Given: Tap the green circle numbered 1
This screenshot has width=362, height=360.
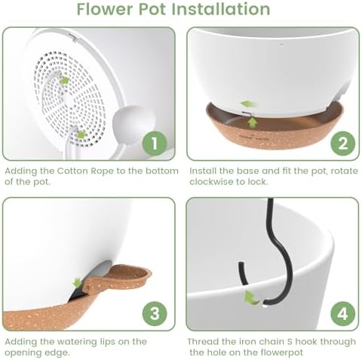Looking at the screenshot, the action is coord(155,143).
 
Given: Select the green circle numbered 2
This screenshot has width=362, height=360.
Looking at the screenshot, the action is coord(343,143).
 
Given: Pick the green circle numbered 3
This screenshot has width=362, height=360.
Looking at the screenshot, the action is coord(155,314).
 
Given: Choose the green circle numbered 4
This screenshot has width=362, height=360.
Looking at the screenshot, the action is coord(343,314).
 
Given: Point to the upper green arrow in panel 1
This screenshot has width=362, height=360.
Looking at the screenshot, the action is coord(64,81).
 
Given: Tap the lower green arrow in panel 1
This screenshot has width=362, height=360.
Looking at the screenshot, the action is coord(81,134).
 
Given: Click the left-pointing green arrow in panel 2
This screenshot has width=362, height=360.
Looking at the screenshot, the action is coord(248,103).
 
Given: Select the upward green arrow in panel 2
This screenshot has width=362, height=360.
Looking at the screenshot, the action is coord(253,123).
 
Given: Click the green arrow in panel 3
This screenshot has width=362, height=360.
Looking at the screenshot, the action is coord(77,283).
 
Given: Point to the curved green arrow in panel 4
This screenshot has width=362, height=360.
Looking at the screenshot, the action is coord(251,298).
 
